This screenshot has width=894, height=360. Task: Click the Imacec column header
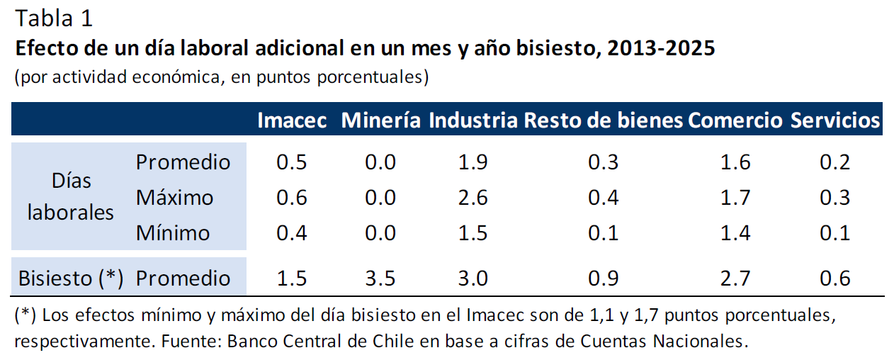coord(292,120)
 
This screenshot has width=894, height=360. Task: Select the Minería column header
coord(381,120)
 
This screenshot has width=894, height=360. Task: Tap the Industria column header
coord(473,120)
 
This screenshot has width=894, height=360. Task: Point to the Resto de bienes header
coord(604,120)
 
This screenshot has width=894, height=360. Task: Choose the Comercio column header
coord(735,120)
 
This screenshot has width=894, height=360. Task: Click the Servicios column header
coord(835,120)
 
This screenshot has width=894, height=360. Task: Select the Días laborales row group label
coord(71,196)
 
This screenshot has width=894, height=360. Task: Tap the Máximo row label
coord(174,197)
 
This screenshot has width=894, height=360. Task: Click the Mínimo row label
coord(173,232)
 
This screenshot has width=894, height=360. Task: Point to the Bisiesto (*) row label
coord(71,278)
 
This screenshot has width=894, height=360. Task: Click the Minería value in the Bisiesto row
coord(380,278)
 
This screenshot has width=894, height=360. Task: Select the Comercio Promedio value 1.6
coord(735,162)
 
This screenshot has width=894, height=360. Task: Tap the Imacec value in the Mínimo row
coord(292,232)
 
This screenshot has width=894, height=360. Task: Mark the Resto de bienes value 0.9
coord(604,278)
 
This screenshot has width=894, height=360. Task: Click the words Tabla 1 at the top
coord(54,18)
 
